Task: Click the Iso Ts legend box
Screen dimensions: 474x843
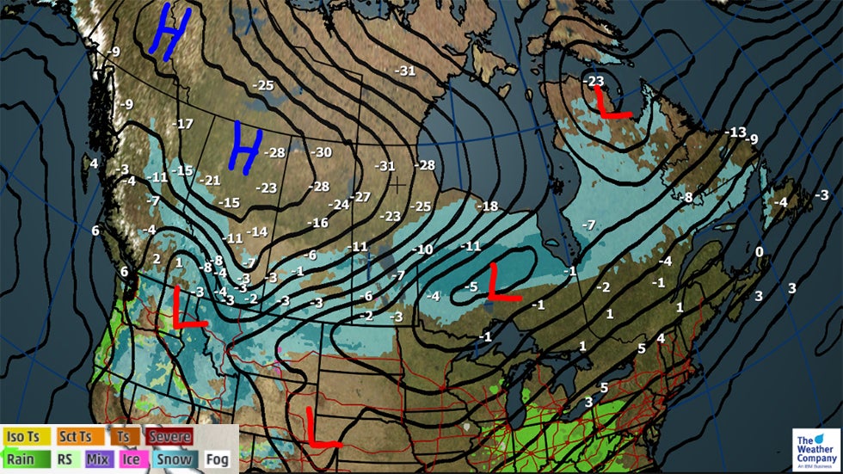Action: click(x=28, y=437)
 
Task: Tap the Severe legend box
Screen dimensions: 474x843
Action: click(x=169, y=437)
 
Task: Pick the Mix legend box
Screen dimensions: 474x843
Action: click(x=98, y=459)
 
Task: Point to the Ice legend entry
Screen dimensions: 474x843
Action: click(x=131, y=459)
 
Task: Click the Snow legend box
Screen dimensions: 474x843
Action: click(x=174, y=459)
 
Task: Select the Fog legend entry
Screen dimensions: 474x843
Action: click(x=218, y=459)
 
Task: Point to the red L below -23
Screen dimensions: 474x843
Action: click(x=612, y=102)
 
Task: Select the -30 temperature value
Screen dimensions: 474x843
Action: click(x=322, y=152)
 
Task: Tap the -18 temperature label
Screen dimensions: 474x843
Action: click(x=488, y=206)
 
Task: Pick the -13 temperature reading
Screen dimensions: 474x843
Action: click(x=735, y=132)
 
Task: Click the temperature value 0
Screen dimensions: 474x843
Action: click(x=759, y=251)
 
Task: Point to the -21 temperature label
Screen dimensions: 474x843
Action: click(x=210, y=180)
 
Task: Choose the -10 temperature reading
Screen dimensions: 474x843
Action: click(x=422, y=249)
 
